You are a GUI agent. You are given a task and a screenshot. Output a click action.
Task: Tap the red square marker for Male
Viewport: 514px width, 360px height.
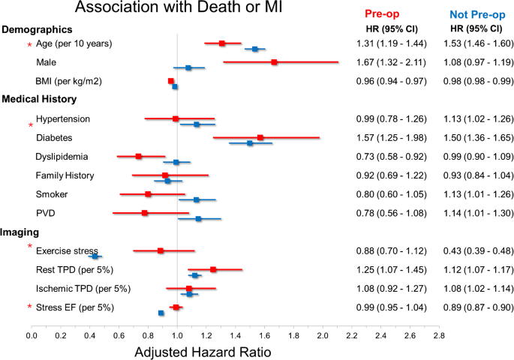point(274,62)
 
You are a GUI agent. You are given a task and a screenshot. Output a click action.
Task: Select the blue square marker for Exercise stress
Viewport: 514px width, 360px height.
point(95,256)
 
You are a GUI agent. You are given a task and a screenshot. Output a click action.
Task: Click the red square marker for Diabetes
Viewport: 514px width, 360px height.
point(260,137)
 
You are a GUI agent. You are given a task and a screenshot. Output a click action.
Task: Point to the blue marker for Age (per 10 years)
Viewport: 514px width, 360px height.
point(255,49)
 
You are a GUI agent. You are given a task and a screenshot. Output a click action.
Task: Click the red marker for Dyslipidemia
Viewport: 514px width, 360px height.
point(139,156)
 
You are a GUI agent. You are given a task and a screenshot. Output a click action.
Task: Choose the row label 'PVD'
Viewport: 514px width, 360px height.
point(45,213)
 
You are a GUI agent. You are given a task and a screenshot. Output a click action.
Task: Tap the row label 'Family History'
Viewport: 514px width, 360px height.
point(65,175)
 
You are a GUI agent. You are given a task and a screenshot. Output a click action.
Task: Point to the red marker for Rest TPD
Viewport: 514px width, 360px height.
point(213,269)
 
